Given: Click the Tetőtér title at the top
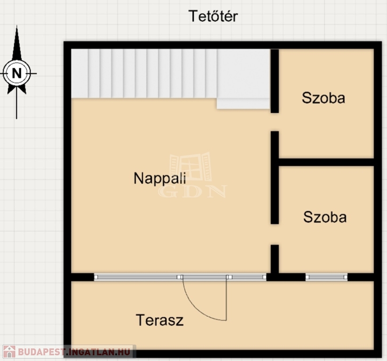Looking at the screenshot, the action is [x=213, y=16].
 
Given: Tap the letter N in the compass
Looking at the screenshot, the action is [x=17, y=73].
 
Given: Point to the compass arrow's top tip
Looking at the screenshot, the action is [x=17, y=26].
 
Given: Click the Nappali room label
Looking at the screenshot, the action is [x=160, y=179].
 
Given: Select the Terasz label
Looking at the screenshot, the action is [x=160, y=320].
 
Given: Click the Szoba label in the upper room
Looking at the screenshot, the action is [x=324, y=98].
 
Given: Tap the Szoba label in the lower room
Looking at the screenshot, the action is [x=325, y=217].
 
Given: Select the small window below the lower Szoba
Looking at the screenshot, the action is [x=326, y=277].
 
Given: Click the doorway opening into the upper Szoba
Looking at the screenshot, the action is [x=275, y=122].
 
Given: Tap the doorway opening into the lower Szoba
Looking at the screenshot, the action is [x=275, y=235].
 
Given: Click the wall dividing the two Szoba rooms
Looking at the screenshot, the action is [x=326, y=162].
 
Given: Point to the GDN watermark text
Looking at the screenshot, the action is [x=192, y=191].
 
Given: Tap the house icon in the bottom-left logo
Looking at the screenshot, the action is [x=9, y=352].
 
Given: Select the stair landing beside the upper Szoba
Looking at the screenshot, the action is [x=243, y=79].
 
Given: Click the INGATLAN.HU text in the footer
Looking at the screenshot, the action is [x=98, y=352].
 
